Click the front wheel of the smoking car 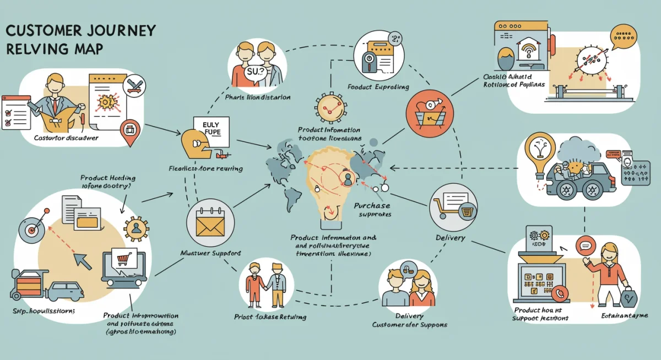click(568, 190)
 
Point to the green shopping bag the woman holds click(627, 298)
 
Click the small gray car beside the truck click(67, 290)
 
